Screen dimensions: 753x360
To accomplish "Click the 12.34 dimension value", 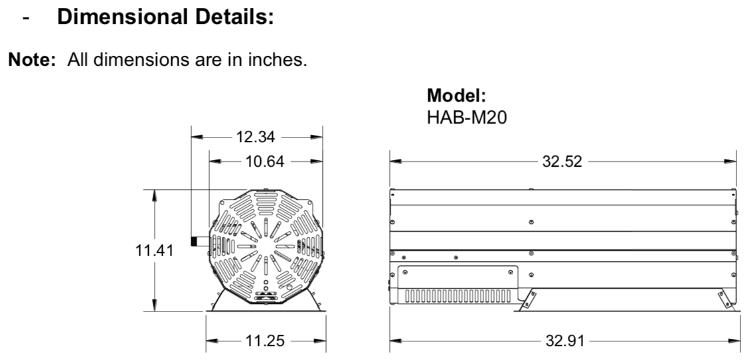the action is (x=256, y=137).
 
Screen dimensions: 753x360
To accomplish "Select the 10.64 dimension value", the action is (x=264, y=161).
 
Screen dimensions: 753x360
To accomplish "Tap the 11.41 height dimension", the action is (x=154, y=250).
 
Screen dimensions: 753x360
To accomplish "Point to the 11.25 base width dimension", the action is (x=265, y=341).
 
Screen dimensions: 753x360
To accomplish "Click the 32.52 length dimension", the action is (x=562, y=161).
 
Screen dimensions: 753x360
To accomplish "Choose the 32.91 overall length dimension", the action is (x=565, y=341).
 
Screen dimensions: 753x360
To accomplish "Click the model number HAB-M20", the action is (x=467, y=118).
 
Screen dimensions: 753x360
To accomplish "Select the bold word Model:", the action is (x=456, y=95).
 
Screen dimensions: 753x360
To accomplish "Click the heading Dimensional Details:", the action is (x=165, y=17).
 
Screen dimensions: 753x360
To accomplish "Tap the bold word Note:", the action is (x=32, y=60).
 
